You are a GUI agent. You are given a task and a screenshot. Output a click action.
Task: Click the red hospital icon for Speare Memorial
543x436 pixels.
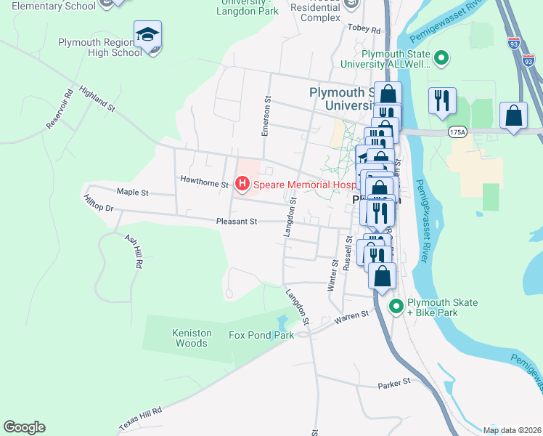(x=242, y=185)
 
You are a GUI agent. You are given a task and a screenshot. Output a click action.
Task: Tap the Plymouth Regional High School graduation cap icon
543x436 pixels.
(x=147, y=35)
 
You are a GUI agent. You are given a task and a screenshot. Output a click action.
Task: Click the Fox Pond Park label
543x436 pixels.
(x=261, y=335)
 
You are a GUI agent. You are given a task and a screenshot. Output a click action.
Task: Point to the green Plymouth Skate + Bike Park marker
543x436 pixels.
(x=396, y=307)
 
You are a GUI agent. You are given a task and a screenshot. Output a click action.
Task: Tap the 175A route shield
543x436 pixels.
(x=457, y=132)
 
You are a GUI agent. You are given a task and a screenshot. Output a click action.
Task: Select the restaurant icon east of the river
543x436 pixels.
(x=442, y=100)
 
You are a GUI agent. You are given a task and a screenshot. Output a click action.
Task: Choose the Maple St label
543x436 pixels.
(x=132, y=193)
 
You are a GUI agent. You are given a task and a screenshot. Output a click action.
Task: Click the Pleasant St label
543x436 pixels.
(x=237, y=222)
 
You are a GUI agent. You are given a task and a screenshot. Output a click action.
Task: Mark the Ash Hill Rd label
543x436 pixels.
(x=133, y=251)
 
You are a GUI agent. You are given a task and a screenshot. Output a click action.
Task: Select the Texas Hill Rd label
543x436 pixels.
(x=140, y=419)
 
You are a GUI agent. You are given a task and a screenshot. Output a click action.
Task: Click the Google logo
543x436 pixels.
(x=24, y=427)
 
